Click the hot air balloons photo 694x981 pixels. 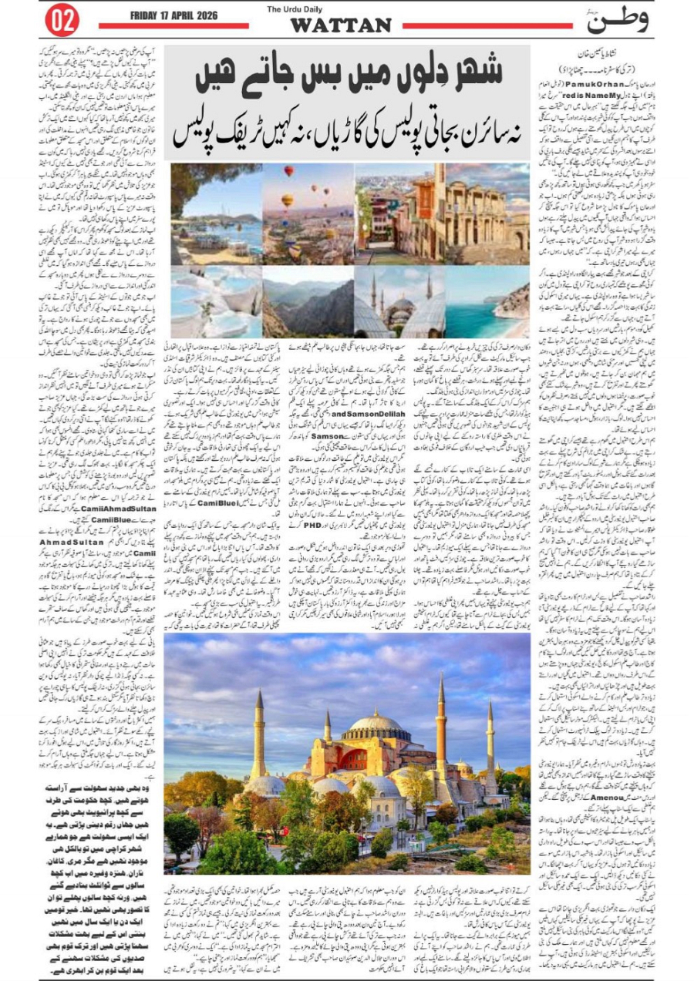308,213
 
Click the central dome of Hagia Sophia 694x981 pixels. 375,724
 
